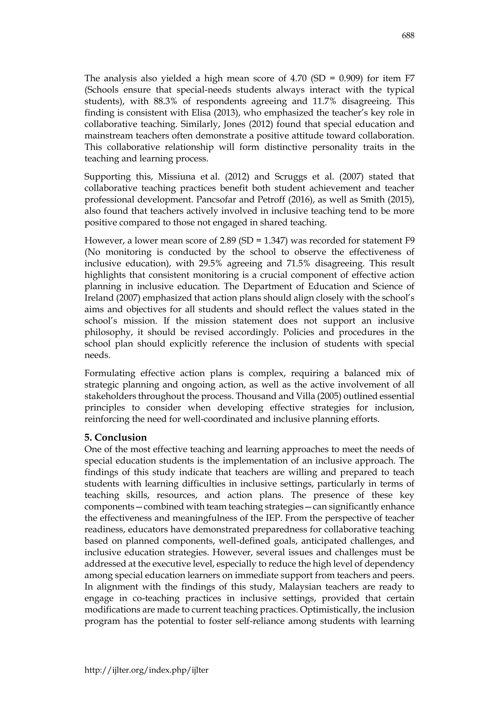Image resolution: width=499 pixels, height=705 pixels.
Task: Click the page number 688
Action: (x=408, y=36)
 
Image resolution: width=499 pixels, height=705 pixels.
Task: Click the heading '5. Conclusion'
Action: (x=115, y=437)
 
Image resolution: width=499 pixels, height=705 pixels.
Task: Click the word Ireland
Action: (x=96, y=298)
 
